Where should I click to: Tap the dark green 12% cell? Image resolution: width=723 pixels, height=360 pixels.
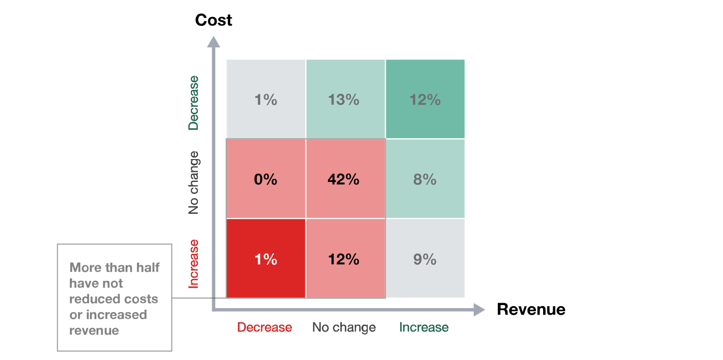click(425, 100)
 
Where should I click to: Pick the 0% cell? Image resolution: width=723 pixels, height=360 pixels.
click(266, 179)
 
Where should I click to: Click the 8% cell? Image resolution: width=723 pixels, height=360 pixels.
click(425, 179)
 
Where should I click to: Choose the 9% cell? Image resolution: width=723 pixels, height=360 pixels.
click(425, 259)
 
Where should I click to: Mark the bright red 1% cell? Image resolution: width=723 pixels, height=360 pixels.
click(266, 259)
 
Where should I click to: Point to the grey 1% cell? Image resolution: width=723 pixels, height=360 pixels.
click(266, 100)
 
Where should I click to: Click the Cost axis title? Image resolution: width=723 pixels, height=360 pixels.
click(214, 20)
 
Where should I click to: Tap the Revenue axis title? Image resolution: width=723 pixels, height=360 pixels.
click(531, 309)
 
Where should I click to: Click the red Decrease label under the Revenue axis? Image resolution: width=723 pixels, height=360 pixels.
click(264, 328)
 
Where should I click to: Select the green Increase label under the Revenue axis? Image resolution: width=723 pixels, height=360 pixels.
click(424, 328)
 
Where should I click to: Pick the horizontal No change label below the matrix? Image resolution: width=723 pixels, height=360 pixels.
click(344, 328)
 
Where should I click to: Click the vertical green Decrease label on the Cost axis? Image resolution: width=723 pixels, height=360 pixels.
click(193, 102)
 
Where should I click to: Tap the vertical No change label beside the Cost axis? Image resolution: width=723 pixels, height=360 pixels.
click(193, 182)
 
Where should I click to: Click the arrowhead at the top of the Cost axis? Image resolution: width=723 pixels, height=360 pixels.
click(213, 41)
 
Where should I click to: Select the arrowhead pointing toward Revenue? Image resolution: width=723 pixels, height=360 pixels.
click(479, 310)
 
